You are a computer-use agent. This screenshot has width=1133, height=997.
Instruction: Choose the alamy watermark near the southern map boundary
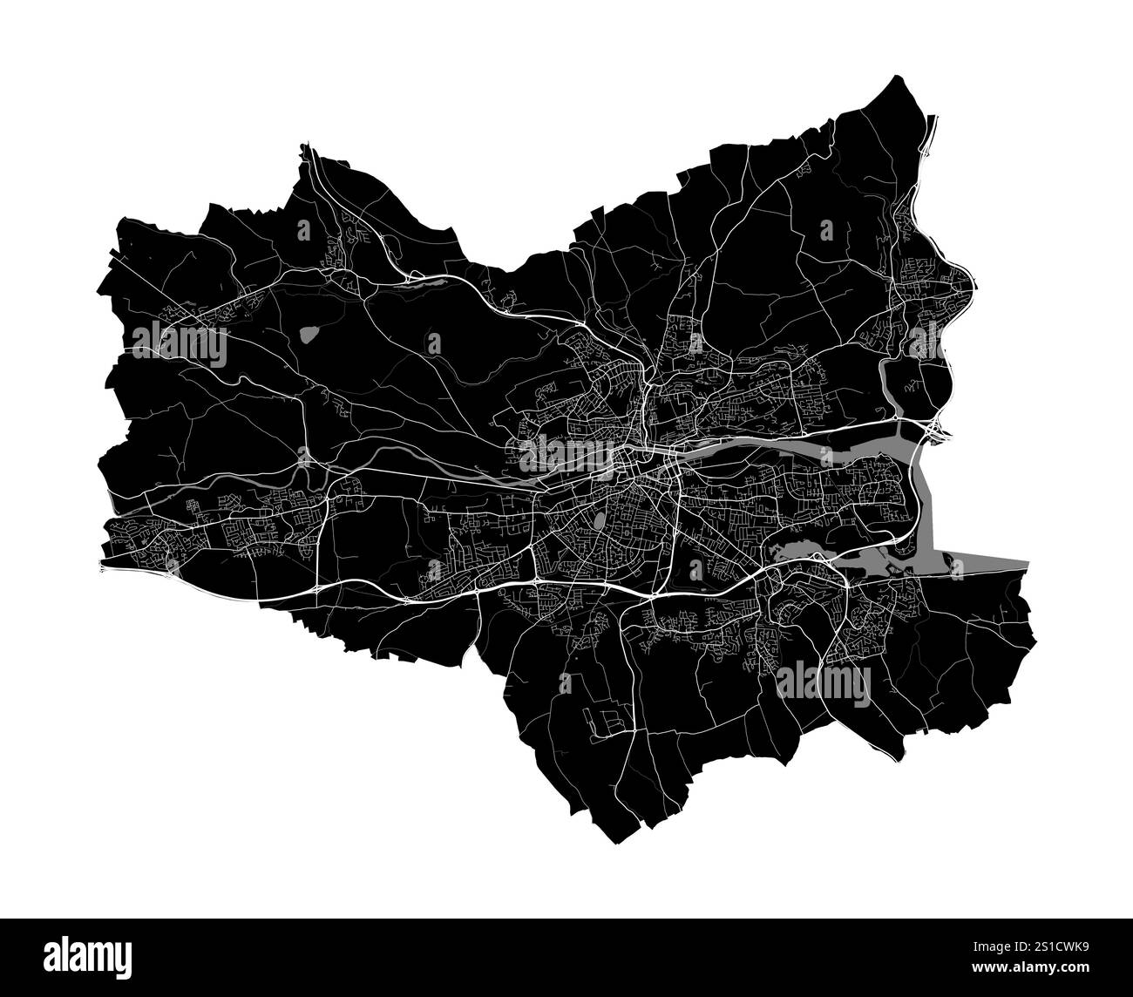[822, 681]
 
